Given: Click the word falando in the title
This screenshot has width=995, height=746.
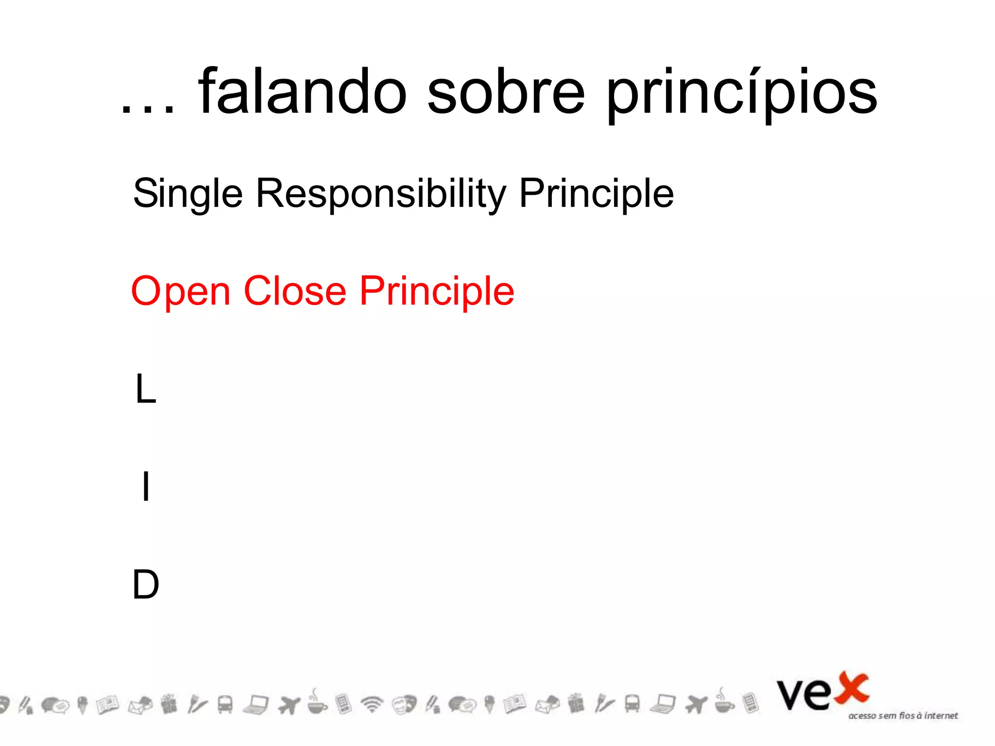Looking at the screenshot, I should [302, 92].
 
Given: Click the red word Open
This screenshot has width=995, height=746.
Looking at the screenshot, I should [181, 292].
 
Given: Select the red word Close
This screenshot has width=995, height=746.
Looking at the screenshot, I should [295, 291].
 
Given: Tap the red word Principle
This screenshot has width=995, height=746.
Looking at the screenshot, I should [437, 292].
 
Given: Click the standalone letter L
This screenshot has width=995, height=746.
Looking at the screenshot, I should [145, 389].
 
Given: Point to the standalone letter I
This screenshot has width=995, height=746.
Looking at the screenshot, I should [145, 486].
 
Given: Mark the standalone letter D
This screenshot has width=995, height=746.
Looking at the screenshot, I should [146, 584].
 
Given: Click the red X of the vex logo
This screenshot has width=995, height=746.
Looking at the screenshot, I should [851, 688].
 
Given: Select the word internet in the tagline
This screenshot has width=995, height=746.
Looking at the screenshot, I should [941, 715].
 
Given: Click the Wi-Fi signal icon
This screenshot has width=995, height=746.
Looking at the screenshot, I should [372, 704].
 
